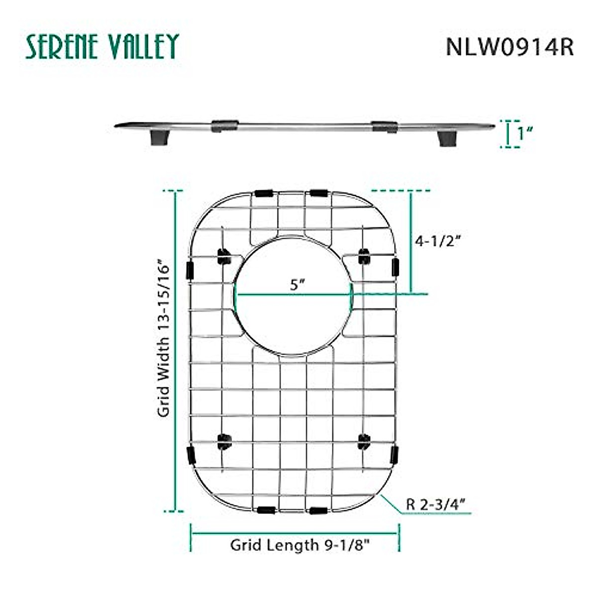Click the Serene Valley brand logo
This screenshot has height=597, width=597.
tap(102, 46)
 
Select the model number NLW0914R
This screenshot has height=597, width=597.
tap(509, 47)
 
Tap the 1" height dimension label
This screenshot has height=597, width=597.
tap(525, 133)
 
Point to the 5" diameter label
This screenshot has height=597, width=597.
tap(298, 284)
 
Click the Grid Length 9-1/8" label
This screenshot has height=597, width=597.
tap(300, 545)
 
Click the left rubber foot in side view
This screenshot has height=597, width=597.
tap(160, 137)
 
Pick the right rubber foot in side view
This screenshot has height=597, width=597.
tap(447, 138)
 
